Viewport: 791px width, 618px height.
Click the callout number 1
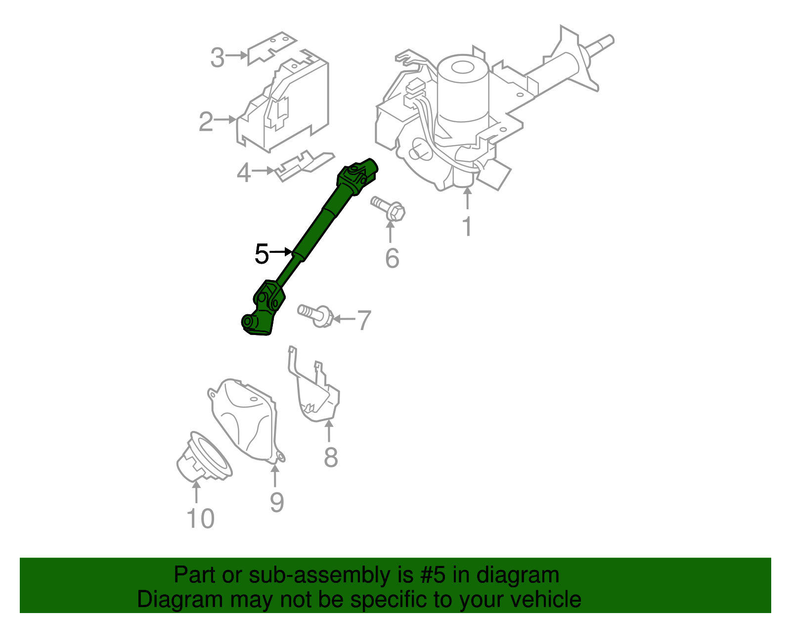click(x=467, y=227)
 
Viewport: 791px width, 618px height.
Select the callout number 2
click(x=206, y=122)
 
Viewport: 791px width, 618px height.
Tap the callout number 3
click(x=218, y=58)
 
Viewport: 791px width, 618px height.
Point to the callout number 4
click(x=244, y=173)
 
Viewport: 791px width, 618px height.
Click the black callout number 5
click(x=262, y=254)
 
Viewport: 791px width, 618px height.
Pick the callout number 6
click(x=392, y=258)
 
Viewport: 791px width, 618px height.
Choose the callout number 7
click(x=363, y=320)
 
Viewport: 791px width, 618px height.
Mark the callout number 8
click(x=331, y=457)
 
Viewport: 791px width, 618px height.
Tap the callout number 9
click(x=277, y=503)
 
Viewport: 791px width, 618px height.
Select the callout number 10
click(x=201, y=519)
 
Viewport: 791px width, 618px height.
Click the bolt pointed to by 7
click(x=315, y=314)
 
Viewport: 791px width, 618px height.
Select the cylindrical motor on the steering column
click(x=463, y=94)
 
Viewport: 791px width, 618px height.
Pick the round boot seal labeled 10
click(x=203, y=458)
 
